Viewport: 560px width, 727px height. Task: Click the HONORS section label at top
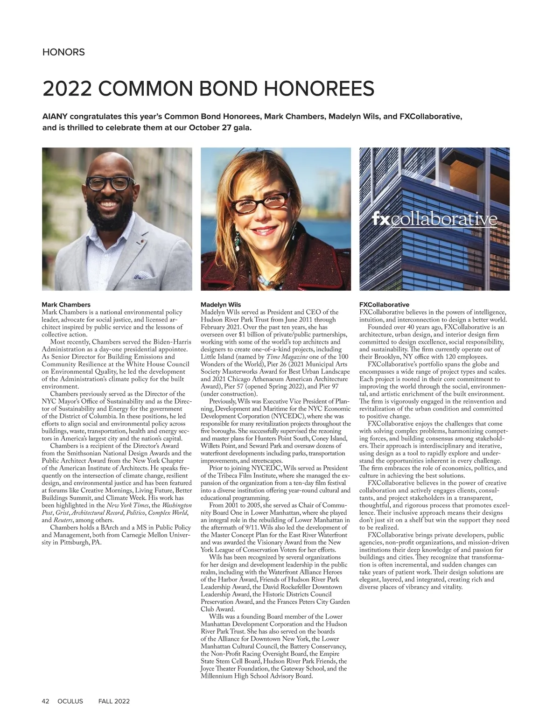[x=63, y=52]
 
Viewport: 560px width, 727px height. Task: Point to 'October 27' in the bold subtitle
[x=210, y=127]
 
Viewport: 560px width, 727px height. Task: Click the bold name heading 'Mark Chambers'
[x=66, y=305]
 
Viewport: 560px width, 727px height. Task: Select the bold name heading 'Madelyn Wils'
[x=221, y=305]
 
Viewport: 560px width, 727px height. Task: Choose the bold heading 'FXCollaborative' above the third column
[x=385, y=305]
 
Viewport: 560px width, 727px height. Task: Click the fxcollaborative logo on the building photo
[x=434, y=219]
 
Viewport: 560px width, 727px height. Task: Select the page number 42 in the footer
[x=46, y=701]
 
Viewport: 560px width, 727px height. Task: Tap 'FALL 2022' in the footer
[x=114, y=701]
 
